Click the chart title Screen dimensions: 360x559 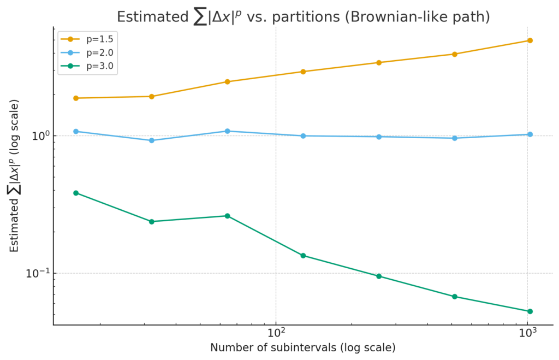pyautogui.click(x=303, y=17)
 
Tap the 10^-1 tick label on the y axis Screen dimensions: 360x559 pyautogui.click(x=37, y=273)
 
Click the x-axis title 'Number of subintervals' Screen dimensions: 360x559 pyautogui.click(x=303, y=348)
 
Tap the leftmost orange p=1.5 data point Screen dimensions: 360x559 pyautogui.click(x=76, y=98)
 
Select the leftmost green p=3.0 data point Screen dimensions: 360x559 pyautogui.click(x=76, y=193)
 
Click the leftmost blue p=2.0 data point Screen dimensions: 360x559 pyautogui.click(x=76, y=131)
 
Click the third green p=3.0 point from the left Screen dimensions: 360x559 pyautogui.click(x=227, y=216)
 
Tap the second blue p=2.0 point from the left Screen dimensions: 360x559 pyautogui.click(x=152, y=140)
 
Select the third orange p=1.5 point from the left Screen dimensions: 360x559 pyautogui.click(x=227, y=82)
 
